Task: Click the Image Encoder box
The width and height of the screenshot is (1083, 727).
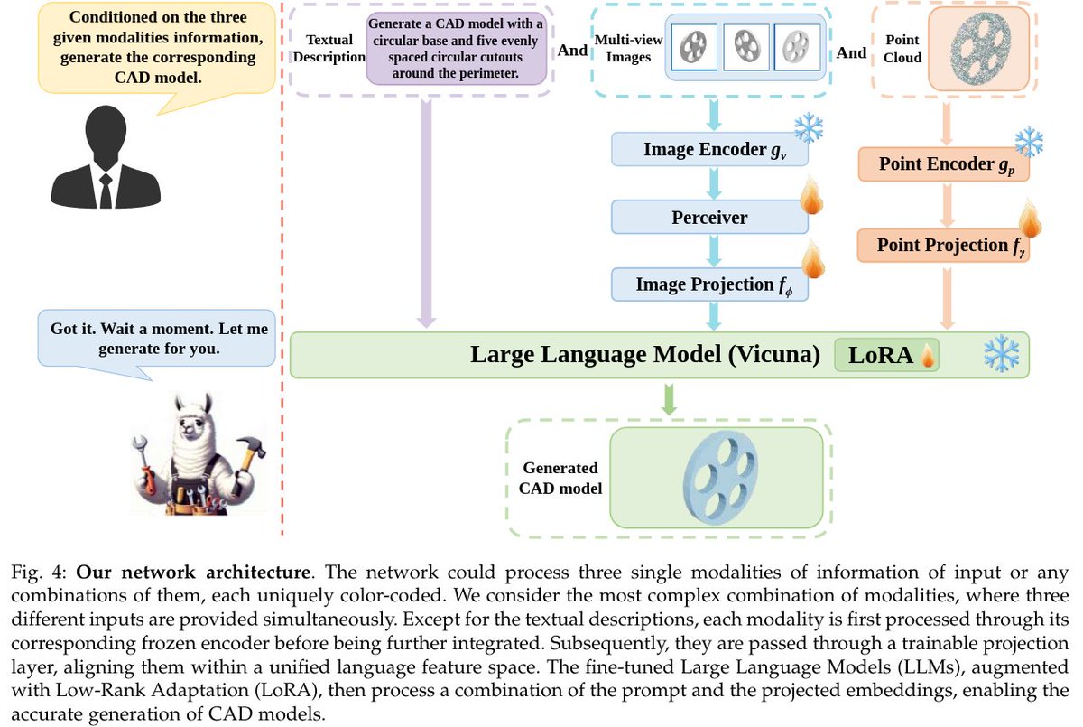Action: (x=709, y=150)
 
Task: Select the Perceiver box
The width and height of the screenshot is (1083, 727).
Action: (x=709, y=218)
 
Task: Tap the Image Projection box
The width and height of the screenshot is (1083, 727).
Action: (x=709, y=284)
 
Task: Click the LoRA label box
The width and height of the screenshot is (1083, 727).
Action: (x=886, y=355)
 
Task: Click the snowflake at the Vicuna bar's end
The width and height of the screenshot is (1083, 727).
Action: (x=1001, y=354)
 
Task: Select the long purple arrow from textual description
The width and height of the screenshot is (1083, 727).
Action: (x=427, y=208)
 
